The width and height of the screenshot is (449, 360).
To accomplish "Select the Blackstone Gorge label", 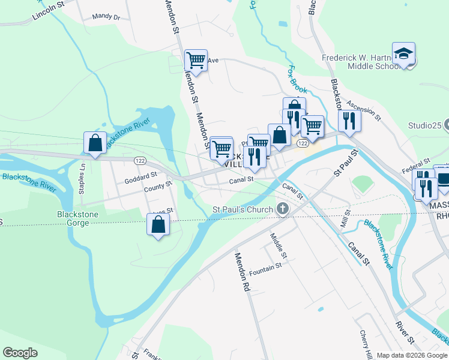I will (x=73, y=218).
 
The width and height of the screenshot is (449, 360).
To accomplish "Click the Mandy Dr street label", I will (x=106, y=17).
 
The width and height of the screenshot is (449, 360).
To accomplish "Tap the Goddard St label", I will (x=140, y=179).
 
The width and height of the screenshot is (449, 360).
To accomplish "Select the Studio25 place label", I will (x=425, y=126).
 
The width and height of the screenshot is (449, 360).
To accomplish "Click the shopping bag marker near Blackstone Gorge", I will (x=158, y=225).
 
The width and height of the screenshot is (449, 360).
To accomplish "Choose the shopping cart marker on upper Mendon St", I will (x=196, y=60).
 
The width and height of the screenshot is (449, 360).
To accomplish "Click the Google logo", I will (x=20, y=353).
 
